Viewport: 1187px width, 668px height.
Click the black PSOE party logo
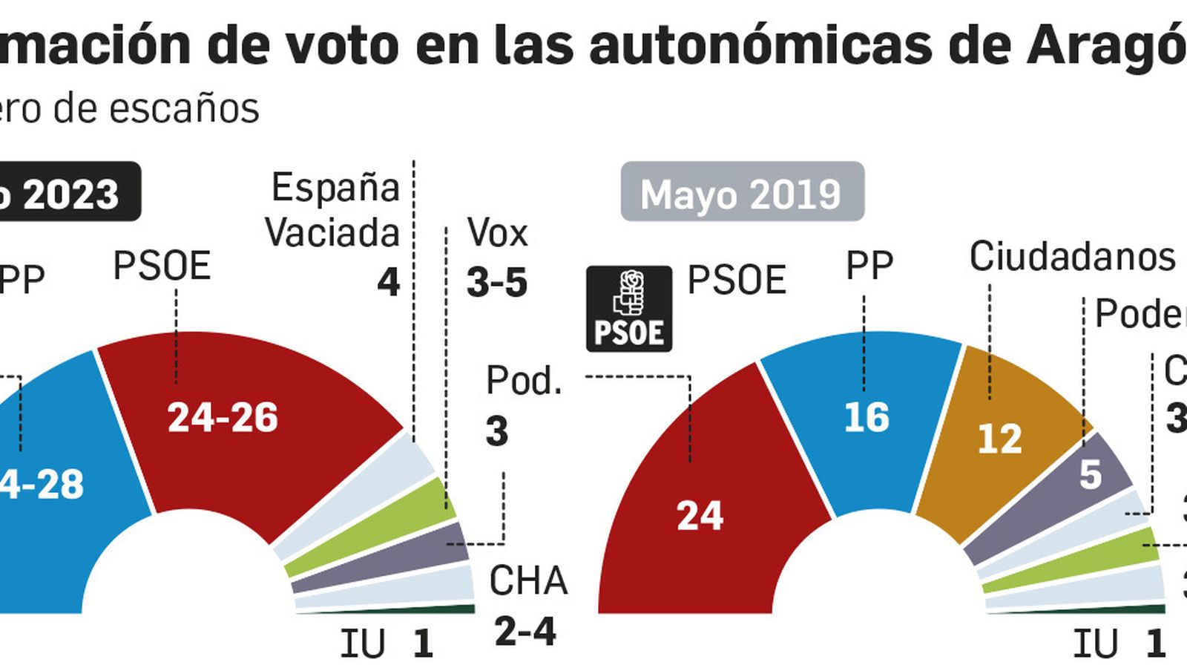click(629, 309)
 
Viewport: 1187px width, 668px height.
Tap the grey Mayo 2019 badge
click(742, 191)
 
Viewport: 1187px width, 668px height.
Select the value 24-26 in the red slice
click(223, 417)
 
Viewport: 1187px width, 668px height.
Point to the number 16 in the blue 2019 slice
click(867, 417)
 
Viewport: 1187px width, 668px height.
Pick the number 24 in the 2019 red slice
click(699, 514)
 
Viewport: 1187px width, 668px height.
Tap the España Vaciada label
click(334, 210)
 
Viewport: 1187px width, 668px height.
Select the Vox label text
click(497, 234)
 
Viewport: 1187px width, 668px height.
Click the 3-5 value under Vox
click(497, 283)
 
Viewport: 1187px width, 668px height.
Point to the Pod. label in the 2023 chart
click(524, 381)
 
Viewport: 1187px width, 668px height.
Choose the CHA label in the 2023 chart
click(528, 580)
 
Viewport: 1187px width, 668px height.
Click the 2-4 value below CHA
click(525, 632)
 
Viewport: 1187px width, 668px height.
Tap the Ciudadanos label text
click(1072, 257)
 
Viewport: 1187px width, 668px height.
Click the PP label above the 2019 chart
click(869, 266)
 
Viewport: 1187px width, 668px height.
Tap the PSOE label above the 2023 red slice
click(162, 266)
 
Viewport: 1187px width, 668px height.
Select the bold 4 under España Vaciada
click(388, 283)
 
